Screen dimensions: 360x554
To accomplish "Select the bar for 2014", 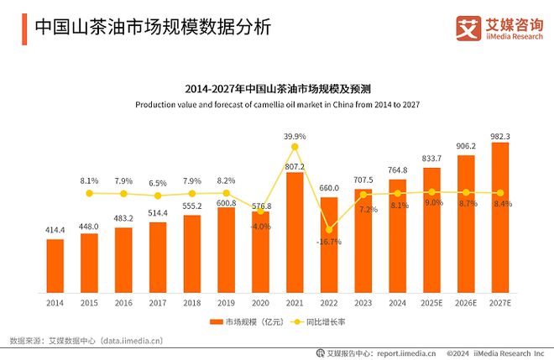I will [55, 262].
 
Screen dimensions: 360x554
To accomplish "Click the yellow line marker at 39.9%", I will [295, 147].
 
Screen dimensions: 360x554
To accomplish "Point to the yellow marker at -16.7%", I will [329, 228].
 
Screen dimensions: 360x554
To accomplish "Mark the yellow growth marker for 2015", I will [90, 193].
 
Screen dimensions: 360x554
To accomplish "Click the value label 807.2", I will [295, 166].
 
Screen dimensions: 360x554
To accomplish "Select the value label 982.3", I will [500, 136].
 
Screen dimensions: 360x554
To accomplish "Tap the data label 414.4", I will [55, 229].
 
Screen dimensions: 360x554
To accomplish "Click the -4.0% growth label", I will [260, 226].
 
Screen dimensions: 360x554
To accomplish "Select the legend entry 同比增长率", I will [321, 321].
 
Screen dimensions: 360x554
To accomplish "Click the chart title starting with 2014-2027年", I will [277, 88].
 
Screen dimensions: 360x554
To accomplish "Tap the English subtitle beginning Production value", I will [277, 104].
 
